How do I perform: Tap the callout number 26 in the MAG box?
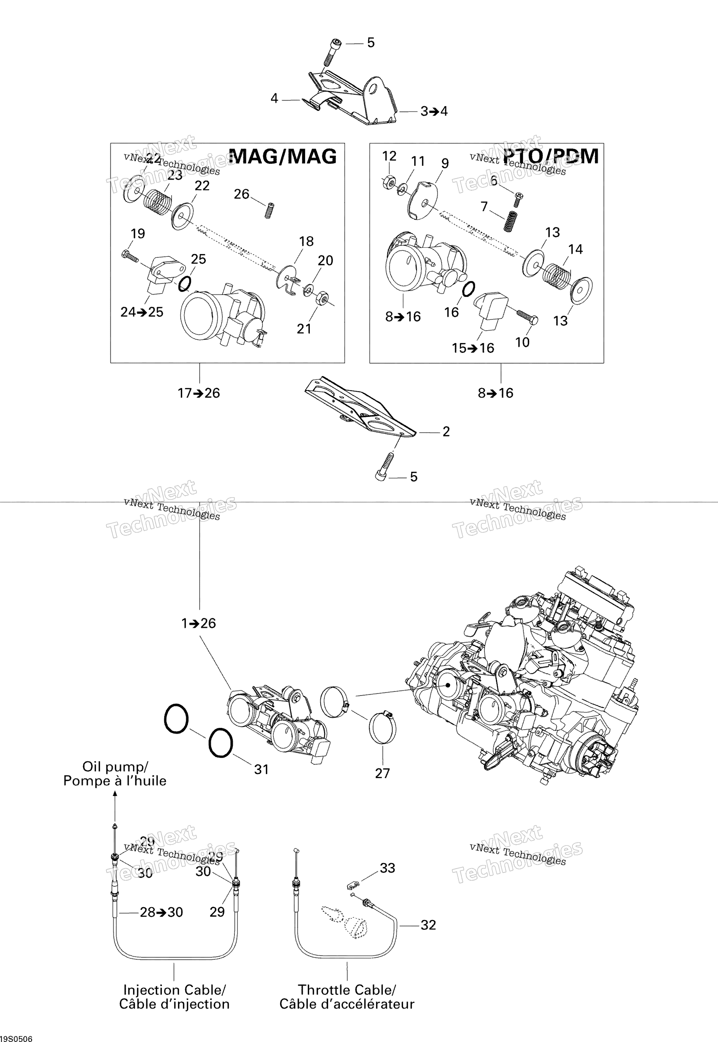tap(241, 194)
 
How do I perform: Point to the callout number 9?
tap(445, 164)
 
